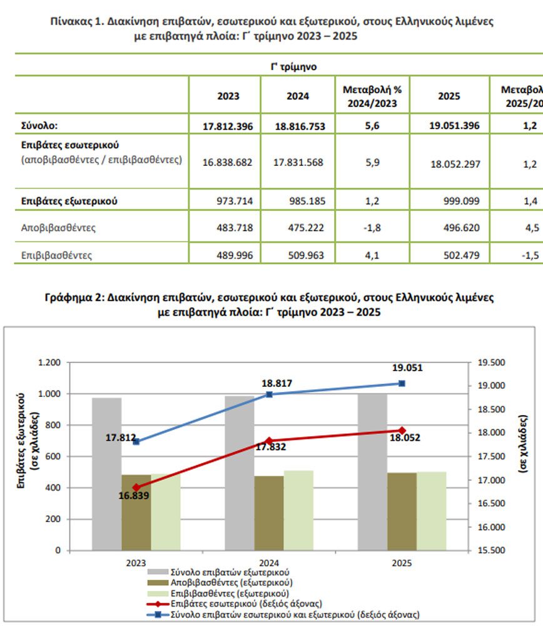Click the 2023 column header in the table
(x=228, y=96)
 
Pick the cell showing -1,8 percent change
(x=372, y=228)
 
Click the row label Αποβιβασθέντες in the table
(x=58, y=228)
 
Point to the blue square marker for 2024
(x=270, y=394)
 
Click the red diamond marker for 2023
(x=136, y=487)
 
